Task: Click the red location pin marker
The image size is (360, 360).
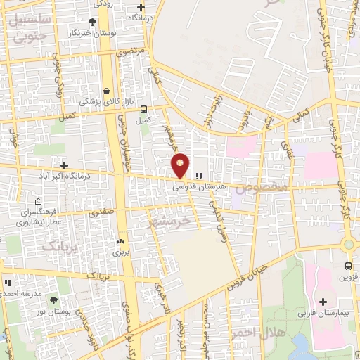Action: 181,165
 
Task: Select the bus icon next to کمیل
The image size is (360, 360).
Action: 143,109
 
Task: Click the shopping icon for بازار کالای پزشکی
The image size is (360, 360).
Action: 106,91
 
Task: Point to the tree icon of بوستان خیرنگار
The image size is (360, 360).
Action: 92,22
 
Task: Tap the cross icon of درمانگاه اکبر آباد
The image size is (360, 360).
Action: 64,165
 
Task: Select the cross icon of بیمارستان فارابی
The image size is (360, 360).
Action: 323,302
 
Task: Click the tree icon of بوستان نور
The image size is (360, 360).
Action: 53,300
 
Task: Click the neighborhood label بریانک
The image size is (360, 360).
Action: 60,245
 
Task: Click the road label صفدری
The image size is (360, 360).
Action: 101,210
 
